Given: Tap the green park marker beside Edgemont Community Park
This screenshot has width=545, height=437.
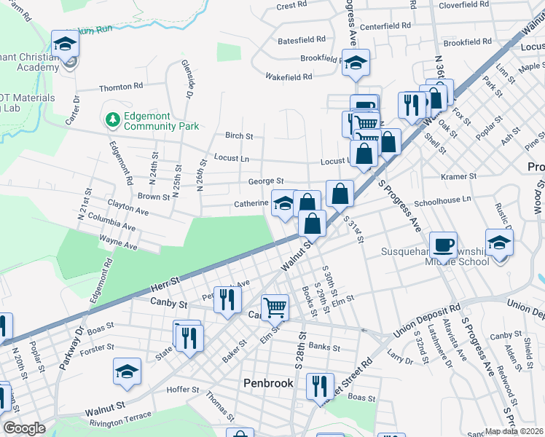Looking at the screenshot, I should pyautogui.click(x=112, y=118).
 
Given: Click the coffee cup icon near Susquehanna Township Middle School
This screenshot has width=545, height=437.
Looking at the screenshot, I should pyautogui.click(x=442, y=244).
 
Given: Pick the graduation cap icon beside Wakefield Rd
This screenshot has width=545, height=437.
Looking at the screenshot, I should pyautogui.click(x=356, y=63).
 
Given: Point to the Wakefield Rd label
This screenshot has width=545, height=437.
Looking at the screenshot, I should pyautogui.click(x=289, y=76).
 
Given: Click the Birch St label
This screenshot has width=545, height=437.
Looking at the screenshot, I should pyautogui.click(x=239, y=136).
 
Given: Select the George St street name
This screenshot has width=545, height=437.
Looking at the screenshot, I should pyautogui.click(x=265, y=181).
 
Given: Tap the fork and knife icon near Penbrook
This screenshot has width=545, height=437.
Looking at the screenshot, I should pyautogui.click(x=319, y=385).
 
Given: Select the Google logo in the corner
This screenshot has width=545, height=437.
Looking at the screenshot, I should pyautogui.click(x=24, y=428).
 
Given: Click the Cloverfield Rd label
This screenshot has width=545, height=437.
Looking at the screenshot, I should pyautogui.click(x=463, y=4).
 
